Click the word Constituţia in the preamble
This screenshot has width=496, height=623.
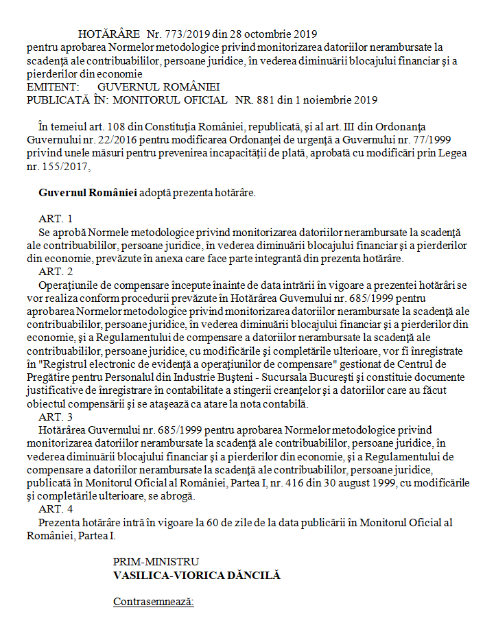187,127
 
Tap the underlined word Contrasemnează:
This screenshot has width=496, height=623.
154,602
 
